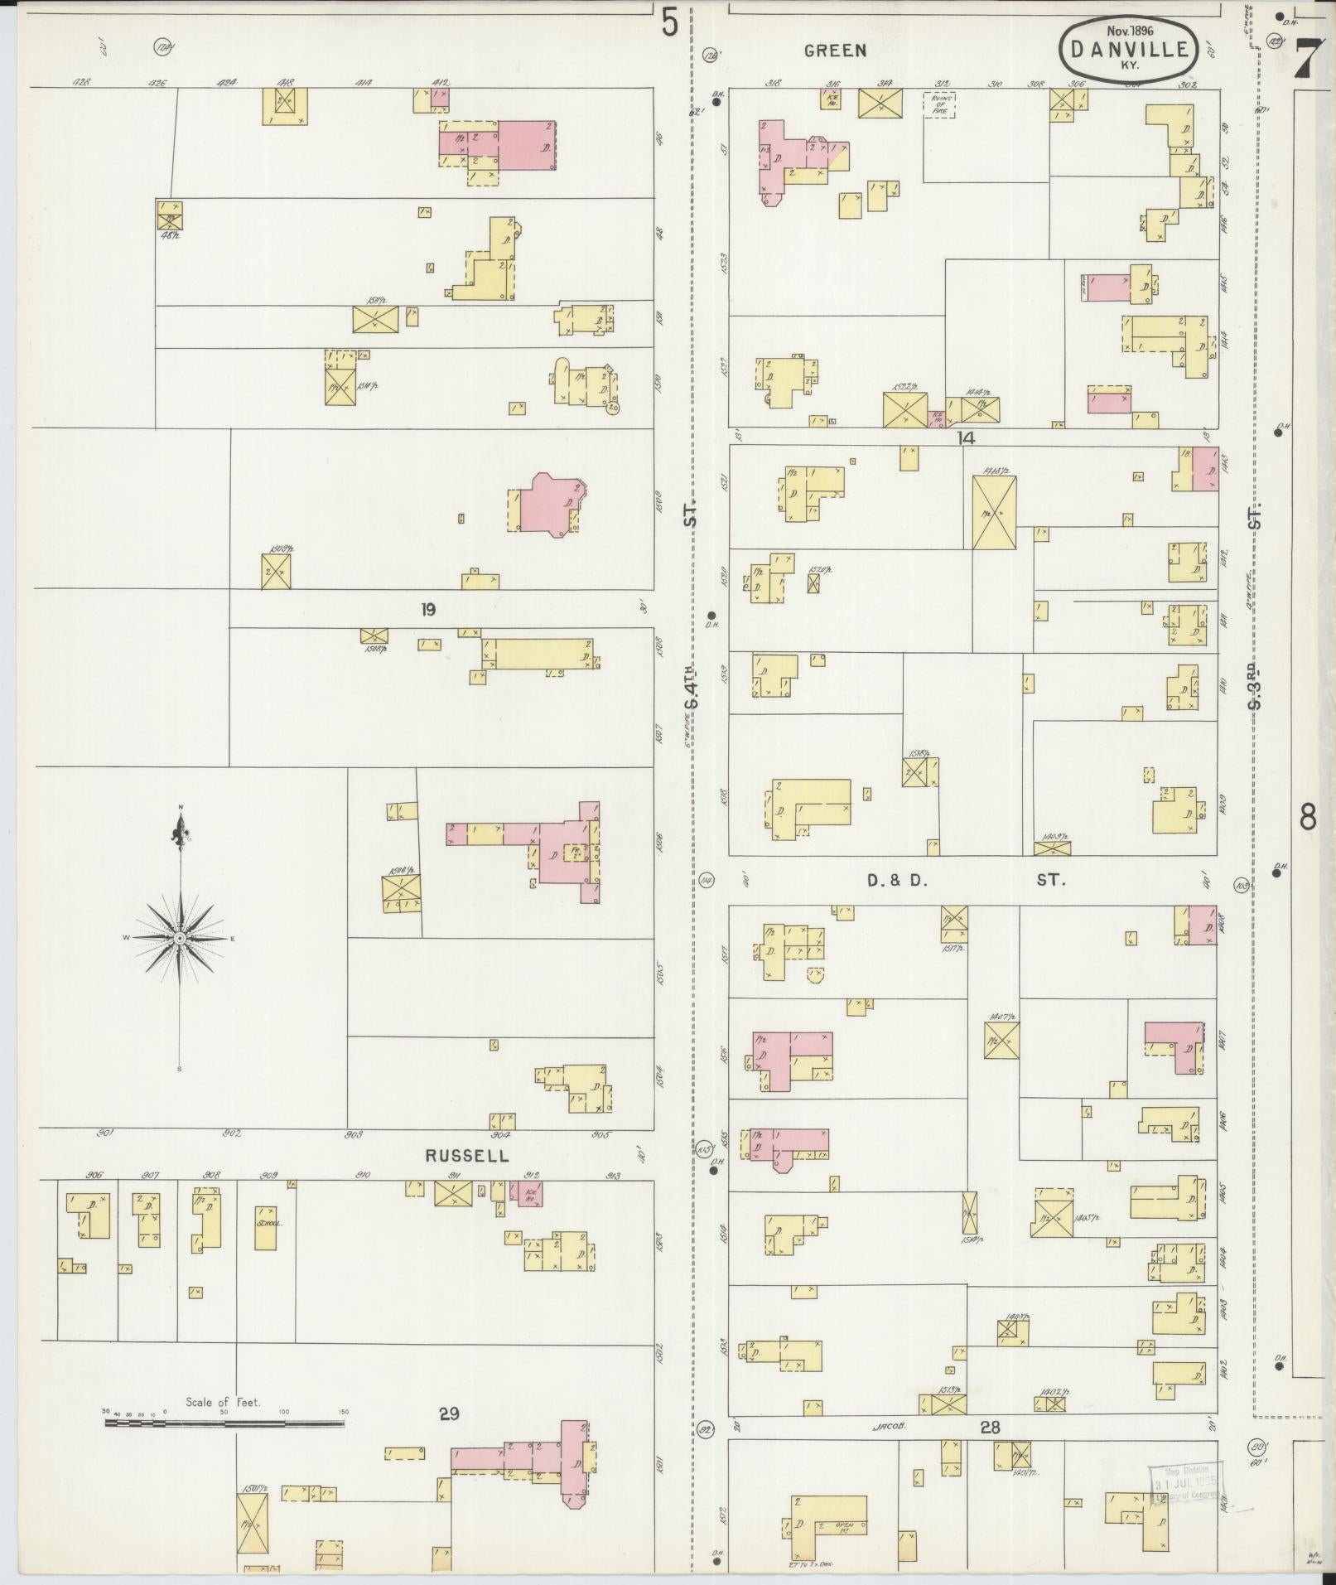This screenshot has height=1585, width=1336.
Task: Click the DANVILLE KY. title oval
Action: tap(1129, 49)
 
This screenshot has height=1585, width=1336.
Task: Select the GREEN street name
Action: tap(835, 51)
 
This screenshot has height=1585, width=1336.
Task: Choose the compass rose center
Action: tap(180, 937)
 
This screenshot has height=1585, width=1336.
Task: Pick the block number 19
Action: tap(427, 610)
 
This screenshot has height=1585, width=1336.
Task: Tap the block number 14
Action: tap(965, 437)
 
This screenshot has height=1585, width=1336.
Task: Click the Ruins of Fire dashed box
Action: tap(939, 104)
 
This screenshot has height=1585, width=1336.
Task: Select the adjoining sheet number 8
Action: tap(1308, 818)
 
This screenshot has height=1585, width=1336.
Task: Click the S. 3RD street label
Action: tap(1256, 684)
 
